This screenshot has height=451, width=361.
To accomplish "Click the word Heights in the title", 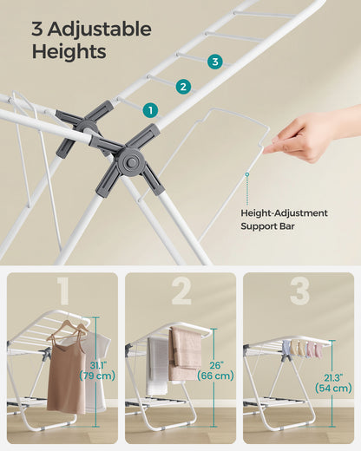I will pos(69,52).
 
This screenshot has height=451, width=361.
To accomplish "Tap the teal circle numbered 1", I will pos(151,110).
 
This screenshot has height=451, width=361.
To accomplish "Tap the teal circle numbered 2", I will pos(182,86).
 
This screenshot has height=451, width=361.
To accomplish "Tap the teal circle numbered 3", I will pos(214,61).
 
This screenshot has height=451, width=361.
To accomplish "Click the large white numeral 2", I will pos(180,292).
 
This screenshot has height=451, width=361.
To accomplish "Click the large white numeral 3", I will pos(299,292).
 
